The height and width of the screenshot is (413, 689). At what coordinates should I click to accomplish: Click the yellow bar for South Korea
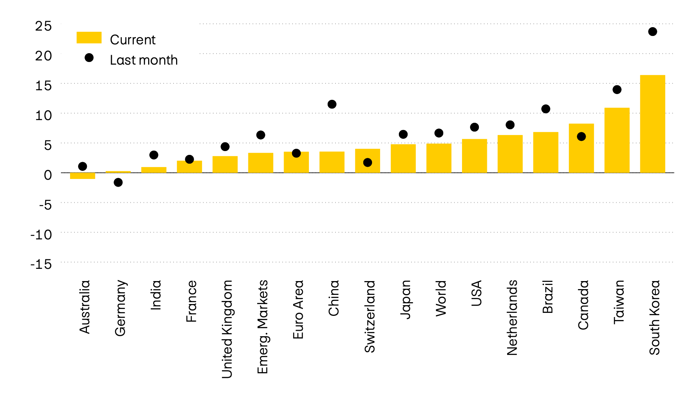click(x=652, y=124)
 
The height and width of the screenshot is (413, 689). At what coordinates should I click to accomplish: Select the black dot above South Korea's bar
click(x=653, y=32)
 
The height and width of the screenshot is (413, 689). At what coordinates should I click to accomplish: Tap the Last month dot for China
click(x=332, y=104)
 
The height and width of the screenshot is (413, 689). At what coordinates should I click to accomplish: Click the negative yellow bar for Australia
click(x=82, y=176)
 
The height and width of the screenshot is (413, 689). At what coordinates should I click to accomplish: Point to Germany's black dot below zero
click(x=118, y=182)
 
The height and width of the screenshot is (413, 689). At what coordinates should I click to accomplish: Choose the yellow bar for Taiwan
click(x=617, y=140)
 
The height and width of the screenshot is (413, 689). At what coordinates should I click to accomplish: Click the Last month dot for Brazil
click(x=545, y=109)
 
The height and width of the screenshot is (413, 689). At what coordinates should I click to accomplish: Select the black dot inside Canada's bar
click(x=581, y=137)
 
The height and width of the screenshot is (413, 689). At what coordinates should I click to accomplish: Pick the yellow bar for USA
click(x=474, y=156)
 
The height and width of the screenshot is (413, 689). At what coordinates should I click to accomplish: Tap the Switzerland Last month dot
click(x=367, y=163)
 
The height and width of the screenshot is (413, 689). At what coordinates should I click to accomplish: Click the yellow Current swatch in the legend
click(x=89, y=38)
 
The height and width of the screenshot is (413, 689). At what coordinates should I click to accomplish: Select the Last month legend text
click(x=144, y=60)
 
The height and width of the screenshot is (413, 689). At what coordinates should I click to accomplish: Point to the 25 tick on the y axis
click(x=43, y=26)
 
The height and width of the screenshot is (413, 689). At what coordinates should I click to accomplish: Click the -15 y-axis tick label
click(x=41, y=264)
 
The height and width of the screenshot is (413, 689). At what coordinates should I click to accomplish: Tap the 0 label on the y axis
click(x=47, y=175)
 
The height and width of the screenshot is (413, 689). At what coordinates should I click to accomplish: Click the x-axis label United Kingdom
click(x=227, y=329)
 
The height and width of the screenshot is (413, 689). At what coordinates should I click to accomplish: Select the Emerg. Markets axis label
click(x=263, y=327)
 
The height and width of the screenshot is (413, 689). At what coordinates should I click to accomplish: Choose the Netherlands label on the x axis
click(x=512, y=317)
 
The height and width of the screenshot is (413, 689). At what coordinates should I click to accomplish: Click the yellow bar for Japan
click(x=403, y=159)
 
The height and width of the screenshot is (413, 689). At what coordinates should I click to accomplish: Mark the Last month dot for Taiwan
click(x=617, y=90)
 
